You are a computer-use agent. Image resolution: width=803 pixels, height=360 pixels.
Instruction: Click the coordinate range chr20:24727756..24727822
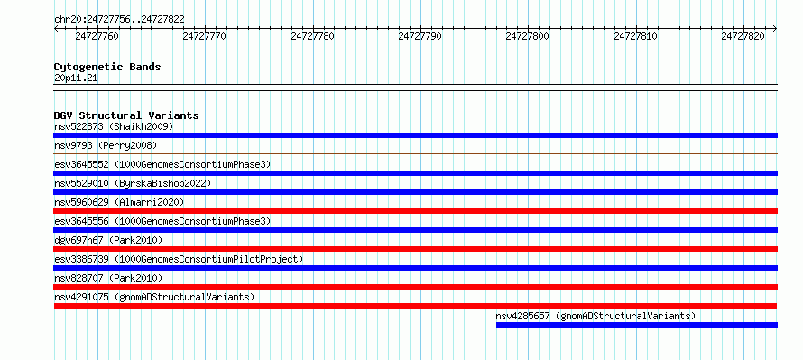[119, 20]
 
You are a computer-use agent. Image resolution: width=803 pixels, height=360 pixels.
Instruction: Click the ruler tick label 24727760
[97, 36]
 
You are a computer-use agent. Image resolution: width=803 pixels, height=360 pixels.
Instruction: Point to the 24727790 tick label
[420, 36]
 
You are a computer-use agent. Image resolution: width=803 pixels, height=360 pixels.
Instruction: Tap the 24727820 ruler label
[743, 36]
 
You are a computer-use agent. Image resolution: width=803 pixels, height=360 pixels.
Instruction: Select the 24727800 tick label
[528, 36]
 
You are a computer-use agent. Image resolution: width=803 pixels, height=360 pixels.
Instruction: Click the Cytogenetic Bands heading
[107, 67]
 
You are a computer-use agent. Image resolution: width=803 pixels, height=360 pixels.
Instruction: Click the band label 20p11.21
[76, 78]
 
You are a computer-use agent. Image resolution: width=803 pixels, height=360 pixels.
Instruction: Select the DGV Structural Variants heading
[126, 115]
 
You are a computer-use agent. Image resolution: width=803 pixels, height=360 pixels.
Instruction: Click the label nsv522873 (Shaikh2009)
[114, 126]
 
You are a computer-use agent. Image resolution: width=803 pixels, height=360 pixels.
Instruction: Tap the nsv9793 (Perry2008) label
[106, 145]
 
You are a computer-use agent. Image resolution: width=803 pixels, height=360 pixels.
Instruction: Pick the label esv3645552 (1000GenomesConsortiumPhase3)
[162, 164]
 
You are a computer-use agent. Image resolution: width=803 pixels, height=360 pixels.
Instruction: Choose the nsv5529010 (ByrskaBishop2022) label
[132, 183]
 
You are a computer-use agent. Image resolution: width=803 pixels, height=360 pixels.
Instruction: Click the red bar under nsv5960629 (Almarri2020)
[415, 211]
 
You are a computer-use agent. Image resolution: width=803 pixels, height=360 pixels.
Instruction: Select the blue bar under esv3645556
[415, 230]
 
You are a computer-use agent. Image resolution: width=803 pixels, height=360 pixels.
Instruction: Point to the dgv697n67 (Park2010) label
[108, 240]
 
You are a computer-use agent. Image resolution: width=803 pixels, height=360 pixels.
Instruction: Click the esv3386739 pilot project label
[179, 259]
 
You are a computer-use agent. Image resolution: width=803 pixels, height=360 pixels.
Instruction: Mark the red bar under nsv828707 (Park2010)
[415, 287]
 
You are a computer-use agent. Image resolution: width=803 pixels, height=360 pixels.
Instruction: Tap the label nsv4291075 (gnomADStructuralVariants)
[154, 297]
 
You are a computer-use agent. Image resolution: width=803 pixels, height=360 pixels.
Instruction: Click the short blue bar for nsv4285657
[637, 325]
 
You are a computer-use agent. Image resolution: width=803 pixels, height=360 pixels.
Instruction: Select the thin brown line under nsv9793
[415, 153]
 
